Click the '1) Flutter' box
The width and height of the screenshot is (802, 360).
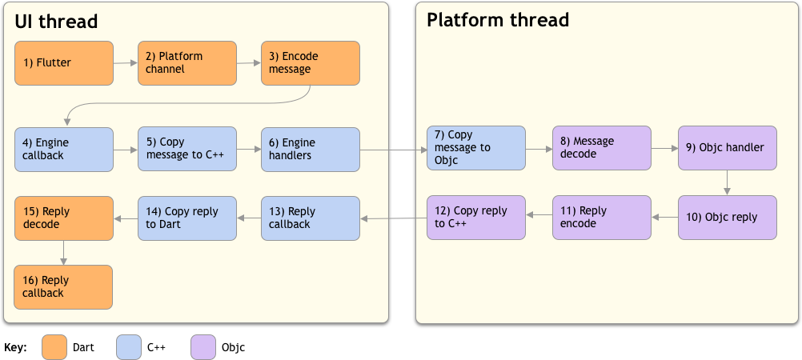click(x=63, y=63)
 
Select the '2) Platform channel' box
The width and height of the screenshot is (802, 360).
click(x=187, y=63)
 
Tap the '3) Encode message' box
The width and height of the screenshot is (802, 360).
click(x=310, y=63)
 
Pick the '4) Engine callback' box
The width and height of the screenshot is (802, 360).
click(x=63, y=149)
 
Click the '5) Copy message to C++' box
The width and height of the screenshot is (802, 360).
click(x=187, y=149)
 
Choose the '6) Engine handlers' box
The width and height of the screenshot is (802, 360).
click(x=310, y=149)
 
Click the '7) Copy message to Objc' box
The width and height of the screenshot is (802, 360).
click(x=475, y=148)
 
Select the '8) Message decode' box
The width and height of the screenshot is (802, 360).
click(x=601, y=148)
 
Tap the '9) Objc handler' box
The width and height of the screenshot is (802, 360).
click(x=727, y=148)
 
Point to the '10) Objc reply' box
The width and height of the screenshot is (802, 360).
click(x=727, y=218)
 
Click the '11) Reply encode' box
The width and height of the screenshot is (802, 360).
click(x=601, y=218)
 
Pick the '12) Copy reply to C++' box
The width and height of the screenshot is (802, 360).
click(x=475, y=218)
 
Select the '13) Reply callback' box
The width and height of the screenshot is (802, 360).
click(x=310, y=218)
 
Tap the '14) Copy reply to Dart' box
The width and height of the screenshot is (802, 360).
click(x=187, y=218)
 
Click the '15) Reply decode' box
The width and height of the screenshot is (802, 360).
click(x=63, y=218)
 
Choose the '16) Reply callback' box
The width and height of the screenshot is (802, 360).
click(x=63, y=287)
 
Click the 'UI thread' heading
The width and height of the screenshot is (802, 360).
click(x=56, y=22)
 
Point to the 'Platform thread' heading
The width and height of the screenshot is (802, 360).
click(x=497, y=20)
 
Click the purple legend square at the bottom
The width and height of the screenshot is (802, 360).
click(x=203, y=347)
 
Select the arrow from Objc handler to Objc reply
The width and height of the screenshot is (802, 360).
click(x=727, y=182)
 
